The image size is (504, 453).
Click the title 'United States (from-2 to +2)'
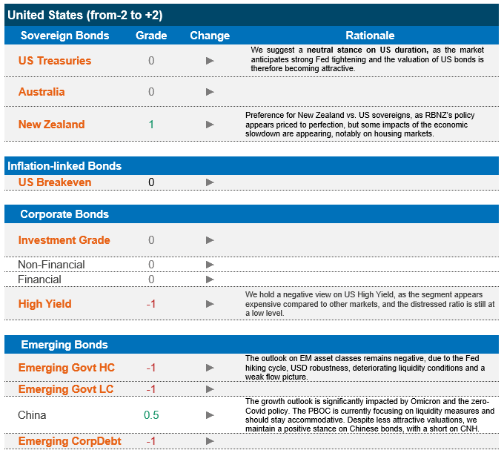(x=85, y=15)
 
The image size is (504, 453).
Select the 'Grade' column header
(x=151, y=36)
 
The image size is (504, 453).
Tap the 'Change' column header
(x=210, y=36)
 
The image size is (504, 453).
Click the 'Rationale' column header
(x=370, y=36)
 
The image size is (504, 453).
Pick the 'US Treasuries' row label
(x=55, y=61)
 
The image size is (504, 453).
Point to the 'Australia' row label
(x=42, y=92)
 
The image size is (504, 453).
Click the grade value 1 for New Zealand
(x=151, y=125)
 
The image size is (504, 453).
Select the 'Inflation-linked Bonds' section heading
(x=64, y=165)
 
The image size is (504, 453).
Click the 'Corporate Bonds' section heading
(x=64, y=214)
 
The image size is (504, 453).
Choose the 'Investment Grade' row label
(x=64, y=240)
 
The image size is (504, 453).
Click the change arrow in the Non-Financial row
(x=210, y=265)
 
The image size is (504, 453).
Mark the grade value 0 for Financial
(x=151, y=280)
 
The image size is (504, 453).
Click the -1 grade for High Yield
(x=151, y=304)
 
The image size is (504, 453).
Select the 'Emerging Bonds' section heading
(x=64, y=345)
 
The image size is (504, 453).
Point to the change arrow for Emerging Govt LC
(x=210, y=390)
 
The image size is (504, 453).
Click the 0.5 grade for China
(x=151, y=415)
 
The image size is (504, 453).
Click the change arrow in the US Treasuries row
(x=210, y=61)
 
